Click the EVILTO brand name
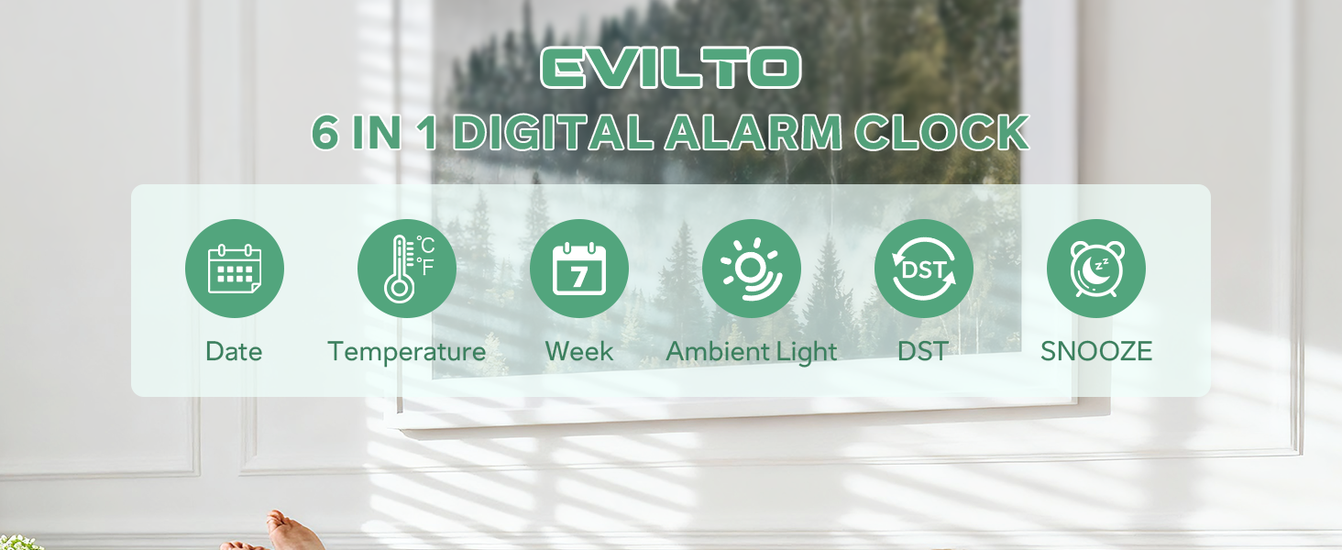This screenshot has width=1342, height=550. (670, 69)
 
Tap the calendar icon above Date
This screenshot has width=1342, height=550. (235, 269)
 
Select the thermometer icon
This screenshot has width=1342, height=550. (400, 269)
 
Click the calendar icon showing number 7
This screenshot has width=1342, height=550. (579, 269)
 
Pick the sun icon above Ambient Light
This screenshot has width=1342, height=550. (751, 269)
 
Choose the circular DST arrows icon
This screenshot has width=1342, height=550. (923, 269)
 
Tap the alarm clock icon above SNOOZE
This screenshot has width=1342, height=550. (1095, 269)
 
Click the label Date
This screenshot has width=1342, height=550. (234, 352)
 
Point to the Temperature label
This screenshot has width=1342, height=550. (407, 352)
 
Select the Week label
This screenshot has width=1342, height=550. (579, 352)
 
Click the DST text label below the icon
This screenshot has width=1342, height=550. (923, 352)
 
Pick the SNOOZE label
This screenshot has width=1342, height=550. (1096, 352)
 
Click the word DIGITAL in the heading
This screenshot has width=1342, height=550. (553, 134)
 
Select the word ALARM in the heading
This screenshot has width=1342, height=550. (753, 134)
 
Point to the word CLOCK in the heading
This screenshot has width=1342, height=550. (941, 134)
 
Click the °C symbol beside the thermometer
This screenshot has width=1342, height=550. (425, 246)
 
